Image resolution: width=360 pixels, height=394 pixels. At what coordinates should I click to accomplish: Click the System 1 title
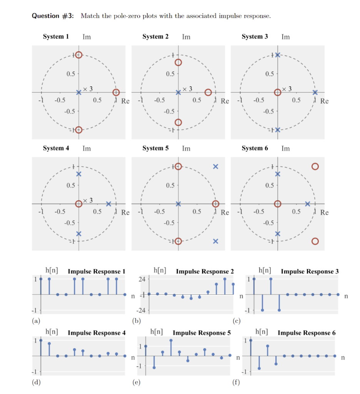[x=56, y=37]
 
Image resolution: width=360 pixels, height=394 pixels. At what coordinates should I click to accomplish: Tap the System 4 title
[x=56, y=148]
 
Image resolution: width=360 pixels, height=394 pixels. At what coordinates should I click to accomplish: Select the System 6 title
[x=255, y=148]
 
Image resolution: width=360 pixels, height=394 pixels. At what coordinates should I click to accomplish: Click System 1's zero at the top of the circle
[x=78, y=55]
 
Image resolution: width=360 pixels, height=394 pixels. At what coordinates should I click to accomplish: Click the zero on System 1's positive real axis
[x=116, y=92]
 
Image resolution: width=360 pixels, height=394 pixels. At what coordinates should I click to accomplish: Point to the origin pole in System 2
[x=178, y=92]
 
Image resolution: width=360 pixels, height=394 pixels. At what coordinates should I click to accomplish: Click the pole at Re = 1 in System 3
[x=315, y=92]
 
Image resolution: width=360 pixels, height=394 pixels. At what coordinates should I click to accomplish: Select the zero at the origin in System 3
[x=277, y=92]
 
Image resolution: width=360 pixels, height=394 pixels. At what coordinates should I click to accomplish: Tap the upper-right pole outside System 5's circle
[x=215, y=166]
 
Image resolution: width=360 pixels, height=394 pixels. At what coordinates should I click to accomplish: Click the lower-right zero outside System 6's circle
[x=315, y=241]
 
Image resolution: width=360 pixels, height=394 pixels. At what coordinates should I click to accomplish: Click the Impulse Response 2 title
[x=205, y=272]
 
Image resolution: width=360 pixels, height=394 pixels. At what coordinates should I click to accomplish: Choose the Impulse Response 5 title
[x=202, y=333]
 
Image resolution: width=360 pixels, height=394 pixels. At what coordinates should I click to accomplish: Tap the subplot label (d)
[x=37, y=382]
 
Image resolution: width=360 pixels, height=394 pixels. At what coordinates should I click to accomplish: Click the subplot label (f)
[x=236, y=382]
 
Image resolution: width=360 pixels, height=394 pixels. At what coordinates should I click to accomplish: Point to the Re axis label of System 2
[x=225, y=102]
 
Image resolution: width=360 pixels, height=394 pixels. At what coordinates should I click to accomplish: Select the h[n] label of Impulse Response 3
[x=265, y=271]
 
